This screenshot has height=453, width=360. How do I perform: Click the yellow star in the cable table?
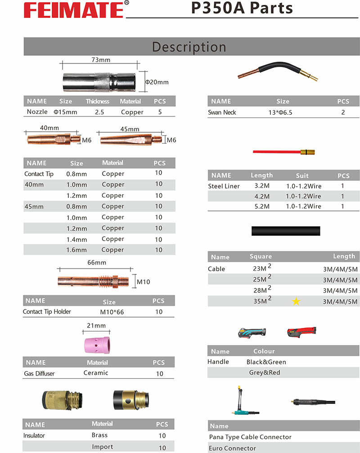click(x=296, y=302)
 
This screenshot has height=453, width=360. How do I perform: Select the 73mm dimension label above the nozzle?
click(x=101, y=60)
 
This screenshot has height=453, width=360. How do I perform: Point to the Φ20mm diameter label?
click(x=157, y=82)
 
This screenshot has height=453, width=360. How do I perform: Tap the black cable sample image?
click(x=286, y=231)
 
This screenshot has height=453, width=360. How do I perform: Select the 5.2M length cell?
click(x=261, y=206)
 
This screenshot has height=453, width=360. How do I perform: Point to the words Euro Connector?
click(x=232, y=448)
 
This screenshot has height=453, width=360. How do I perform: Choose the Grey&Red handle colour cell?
click(x=265, y=372)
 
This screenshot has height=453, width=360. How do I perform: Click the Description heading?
click(x=189, y=47)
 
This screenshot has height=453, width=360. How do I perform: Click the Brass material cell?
click(x=99, y=435)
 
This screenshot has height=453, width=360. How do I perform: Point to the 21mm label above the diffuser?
click(x=96, y=326)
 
